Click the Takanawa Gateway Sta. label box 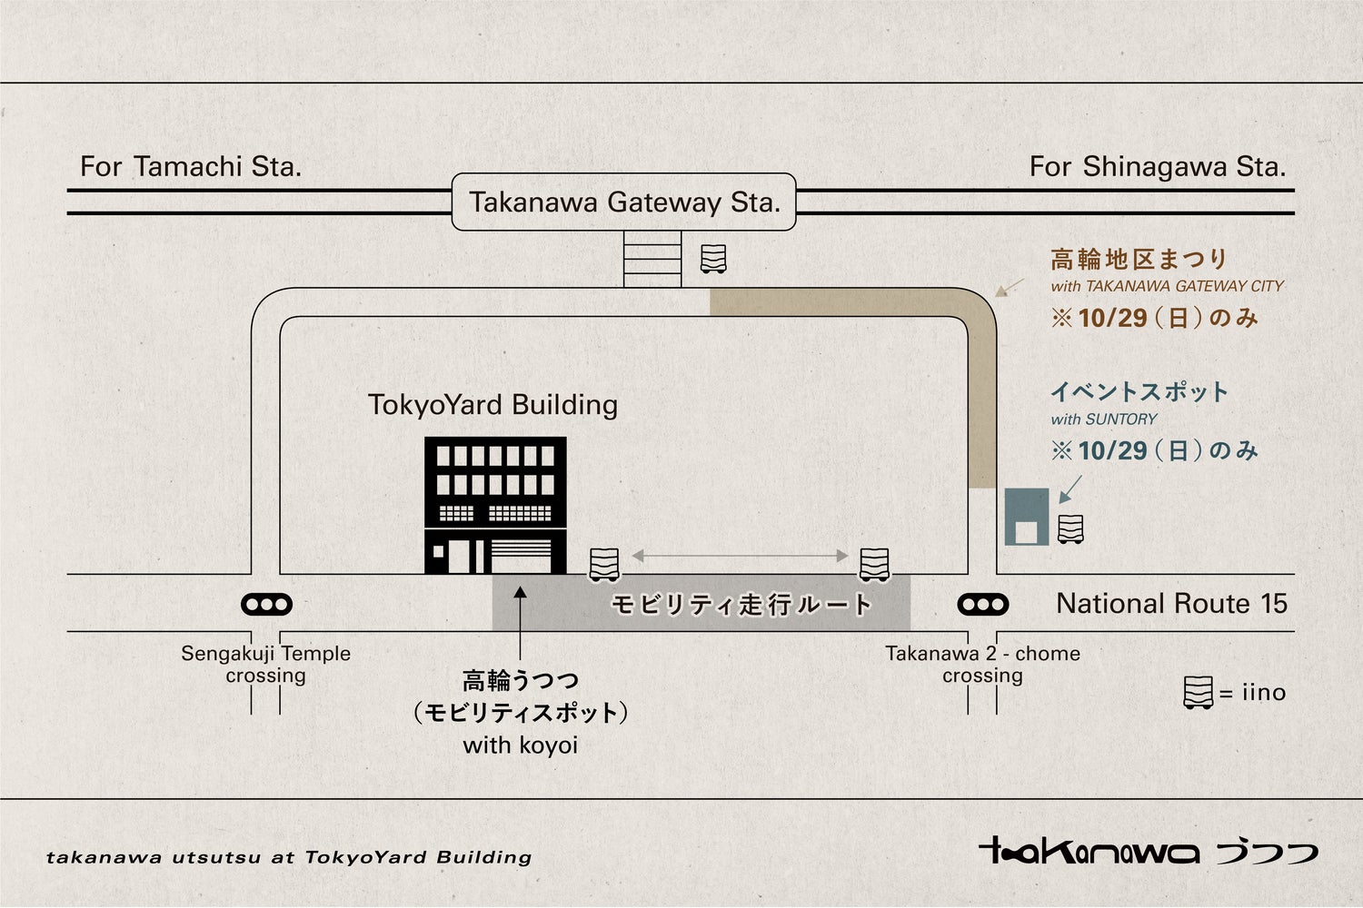(624, 202)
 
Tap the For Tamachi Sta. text (191, 166)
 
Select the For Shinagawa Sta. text (1157, 166)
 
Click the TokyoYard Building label (492, 404)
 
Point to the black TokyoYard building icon (495, 505)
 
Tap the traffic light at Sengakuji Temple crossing (266, 604)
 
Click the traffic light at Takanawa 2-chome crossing (983, 604)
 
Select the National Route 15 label (1171, 603)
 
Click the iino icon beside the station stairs (713, 259)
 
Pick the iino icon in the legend (1199, 693)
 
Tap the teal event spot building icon (1027, 517)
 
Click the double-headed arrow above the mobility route (740, 555)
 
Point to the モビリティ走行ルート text (741, 605)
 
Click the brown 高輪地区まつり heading (1139, 260)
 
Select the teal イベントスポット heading (1139, 392)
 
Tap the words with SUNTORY (1104, 419)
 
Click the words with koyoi (521, 745)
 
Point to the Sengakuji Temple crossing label (265, 664)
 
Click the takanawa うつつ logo (1148, 851)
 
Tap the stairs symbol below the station (652, 259)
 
